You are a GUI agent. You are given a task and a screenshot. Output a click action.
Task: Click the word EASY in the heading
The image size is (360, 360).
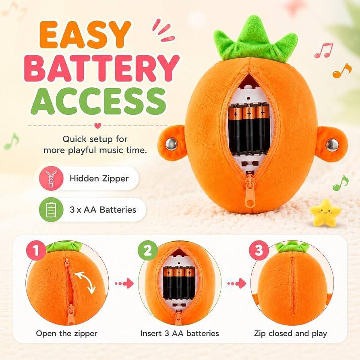pyautogui.click(x=85, y=35)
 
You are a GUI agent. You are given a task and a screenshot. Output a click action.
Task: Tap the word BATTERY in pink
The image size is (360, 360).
pyautogui.click(x=102, y=68)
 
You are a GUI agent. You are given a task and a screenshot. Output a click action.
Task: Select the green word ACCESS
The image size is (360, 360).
pyautogui.click(x=99, y=101)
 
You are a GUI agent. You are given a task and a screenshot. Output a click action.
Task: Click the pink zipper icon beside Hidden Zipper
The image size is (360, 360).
pyautogui.click(x=51, y=178)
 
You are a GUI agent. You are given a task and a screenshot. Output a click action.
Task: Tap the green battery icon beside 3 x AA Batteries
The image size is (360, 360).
pyautogui.click(x=51, y=210)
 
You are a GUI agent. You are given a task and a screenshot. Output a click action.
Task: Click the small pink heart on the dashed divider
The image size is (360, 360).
pyautogui.click(x=98, y=126)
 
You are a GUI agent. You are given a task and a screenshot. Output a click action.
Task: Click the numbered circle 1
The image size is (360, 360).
pyautogui.click(x=36, y=250)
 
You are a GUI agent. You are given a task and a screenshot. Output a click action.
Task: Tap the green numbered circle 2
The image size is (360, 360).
pyautogui.click(x=148, y=250)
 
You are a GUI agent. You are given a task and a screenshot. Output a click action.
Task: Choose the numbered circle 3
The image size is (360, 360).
pyautogui.click(x=259, y=250)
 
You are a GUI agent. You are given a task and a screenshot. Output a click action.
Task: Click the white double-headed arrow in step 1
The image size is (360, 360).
pyautogui.click(x=85, y=282)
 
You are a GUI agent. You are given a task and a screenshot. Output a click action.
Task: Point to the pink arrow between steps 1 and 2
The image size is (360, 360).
pyautogui.click(x=124, y=283)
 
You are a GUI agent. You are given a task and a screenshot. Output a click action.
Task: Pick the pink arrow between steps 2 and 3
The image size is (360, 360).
pyautogui.click(x=236, y=283)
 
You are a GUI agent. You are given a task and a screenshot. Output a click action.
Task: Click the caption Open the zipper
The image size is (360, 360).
pyautogui.click(x=66, y=333)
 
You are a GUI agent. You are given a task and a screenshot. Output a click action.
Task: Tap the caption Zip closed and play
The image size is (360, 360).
pyautogui.click(x=290, y=333)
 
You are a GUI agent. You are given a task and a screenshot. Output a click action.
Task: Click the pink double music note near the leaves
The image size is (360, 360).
pyautogui.click(x=323, y=50)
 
